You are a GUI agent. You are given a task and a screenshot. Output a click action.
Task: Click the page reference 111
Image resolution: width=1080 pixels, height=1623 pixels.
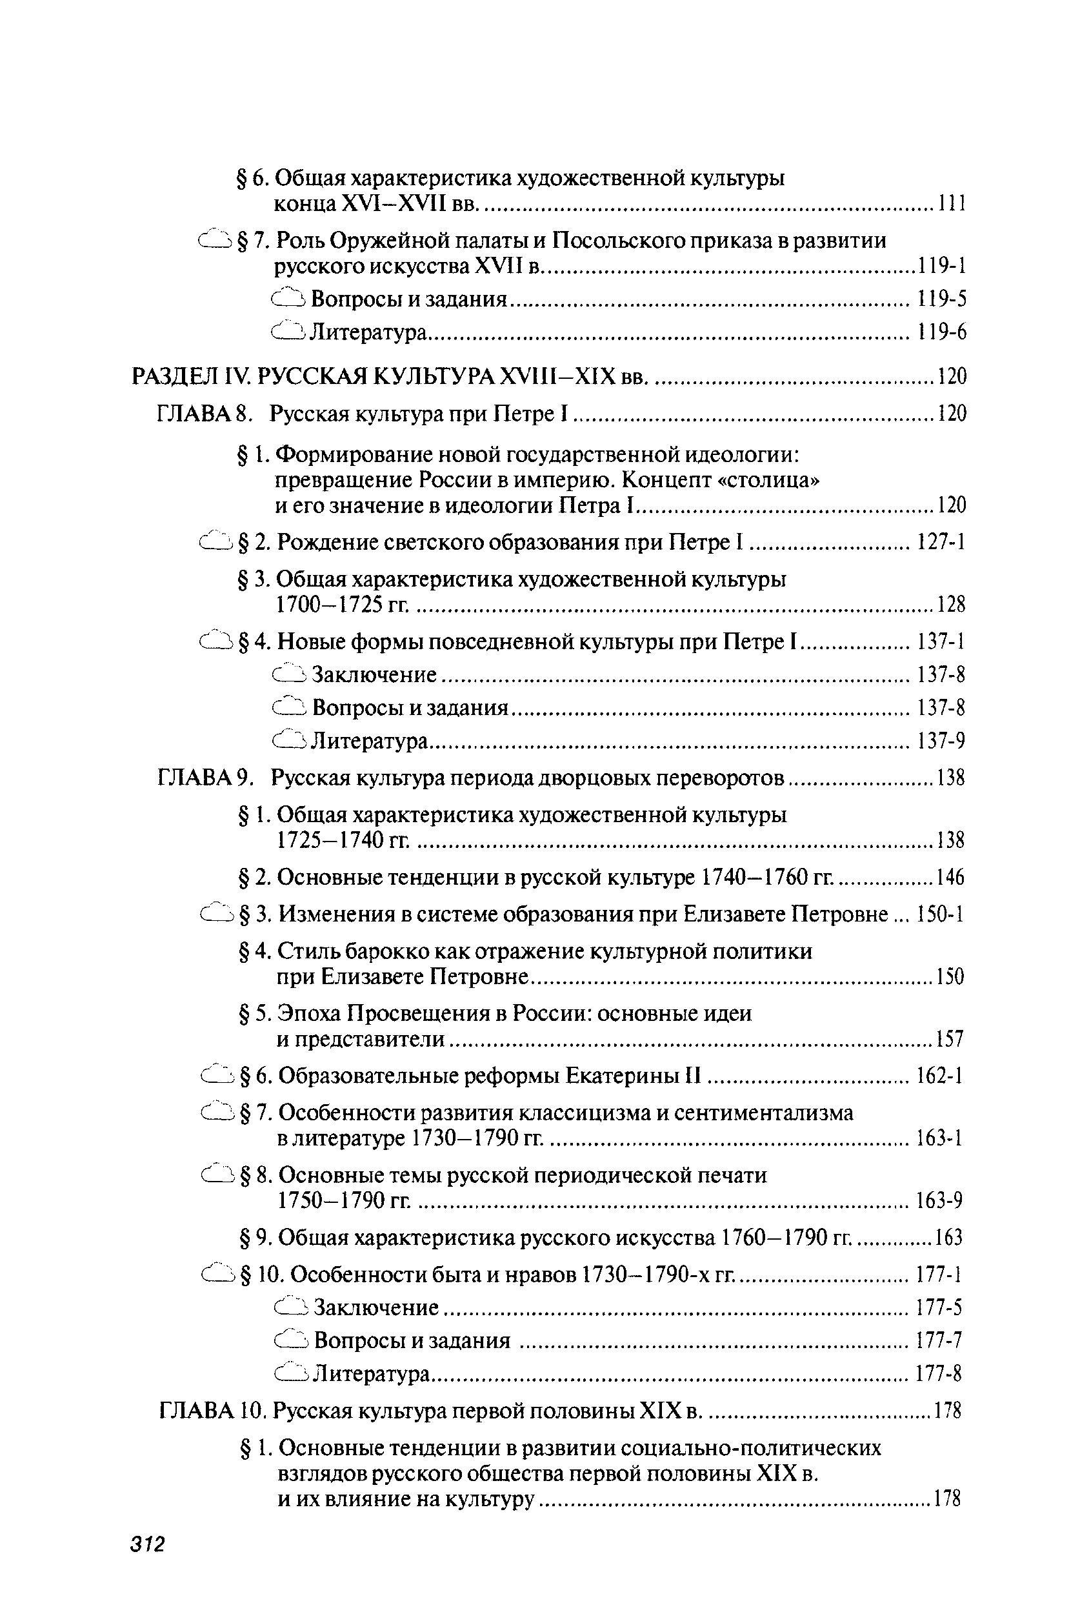click(951, 204)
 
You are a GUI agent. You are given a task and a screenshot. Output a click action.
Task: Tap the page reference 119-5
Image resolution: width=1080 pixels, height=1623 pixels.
click(941, 298)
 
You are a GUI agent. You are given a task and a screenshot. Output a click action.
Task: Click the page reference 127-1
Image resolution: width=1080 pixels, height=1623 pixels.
click(941, 543)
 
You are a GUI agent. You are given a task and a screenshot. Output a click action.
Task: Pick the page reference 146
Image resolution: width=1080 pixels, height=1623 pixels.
click(950, 878)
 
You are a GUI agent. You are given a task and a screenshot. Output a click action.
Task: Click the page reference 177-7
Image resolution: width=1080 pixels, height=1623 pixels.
click(939, 1340)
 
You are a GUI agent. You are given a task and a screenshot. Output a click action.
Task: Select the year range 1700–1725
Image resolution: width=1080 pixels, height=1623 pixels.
click(328, 605)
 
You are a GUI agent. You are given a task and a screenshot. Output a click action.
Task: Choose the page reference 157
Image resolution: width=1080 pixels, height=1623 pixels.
click(949, 1039)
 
